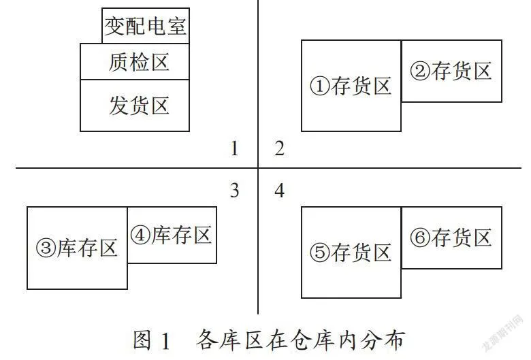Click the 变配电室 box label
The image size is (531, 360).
coord(145,26)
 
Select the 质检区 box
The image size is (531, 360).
coord(134,62)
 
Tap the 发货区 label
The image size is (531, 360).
coord(139,105)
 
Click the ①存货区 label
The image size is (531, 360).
coord(351,86)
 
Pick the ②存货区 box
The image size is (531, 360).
coord(451,71)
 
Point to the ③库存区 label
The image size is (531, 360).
coord(77,248)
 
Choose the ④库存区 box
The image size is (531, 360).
coord(172,235)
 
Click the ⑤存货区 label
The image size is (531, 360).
coord(351,252)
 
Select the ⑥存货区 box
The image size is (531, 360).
coord(451,238)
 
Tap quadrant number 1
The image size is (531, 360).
coord(234,148)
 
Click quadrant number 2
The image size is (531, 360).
coord(279,148)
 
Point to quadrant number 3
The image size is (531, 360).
coord(234,191)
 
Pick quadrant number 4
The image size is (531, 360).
coord(279,191)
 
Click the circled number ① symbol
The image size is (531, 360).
coord(320,86)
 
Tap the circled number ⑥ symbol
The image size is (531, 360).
coord(420,238)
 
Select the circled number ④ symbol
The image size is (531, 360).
coord(140,235)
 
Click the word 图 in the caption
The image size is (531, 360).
coord(142,340)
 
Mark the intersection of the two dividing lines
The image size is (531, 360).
coord(258,167)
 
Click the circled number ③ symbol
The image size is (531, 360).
coord(46,248)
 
